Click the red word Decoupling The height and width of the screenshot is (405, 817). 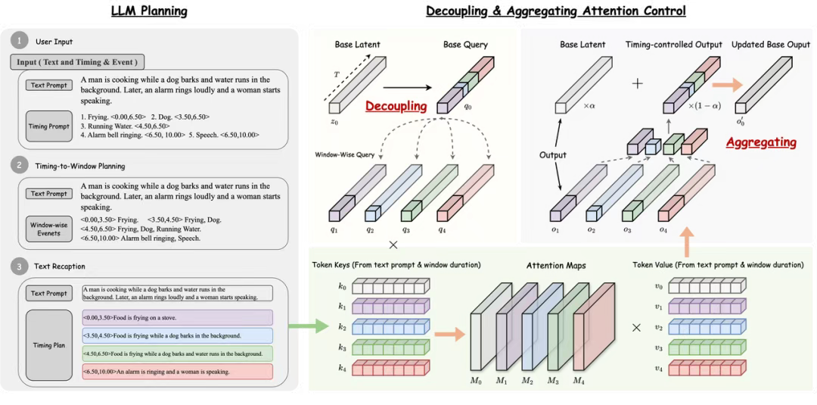click(x=396, y=106)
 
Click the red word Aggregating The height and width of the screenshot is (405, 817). click(x=760, y=142)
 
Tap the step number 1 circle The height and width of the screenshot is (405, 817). click(x=19, y=41)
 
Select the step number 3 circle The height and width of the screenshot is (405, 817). click(x=19, y=266)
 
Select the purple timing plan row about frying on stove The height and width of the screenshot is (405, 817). click(x=177, y=317)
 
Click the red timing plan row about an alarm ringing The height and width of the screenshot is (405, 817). click(x=177, y=372)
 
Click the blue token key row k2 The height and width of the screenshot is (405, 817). click(x=392, y=326)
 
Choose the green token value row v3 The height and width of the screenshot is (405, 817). click(x=707, y=347)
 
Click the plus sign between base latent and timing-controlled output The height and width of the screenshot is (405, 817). click(x=637, y=84)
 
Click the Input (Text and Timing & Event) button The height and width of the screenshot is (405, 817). click(x=77, y=63)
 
